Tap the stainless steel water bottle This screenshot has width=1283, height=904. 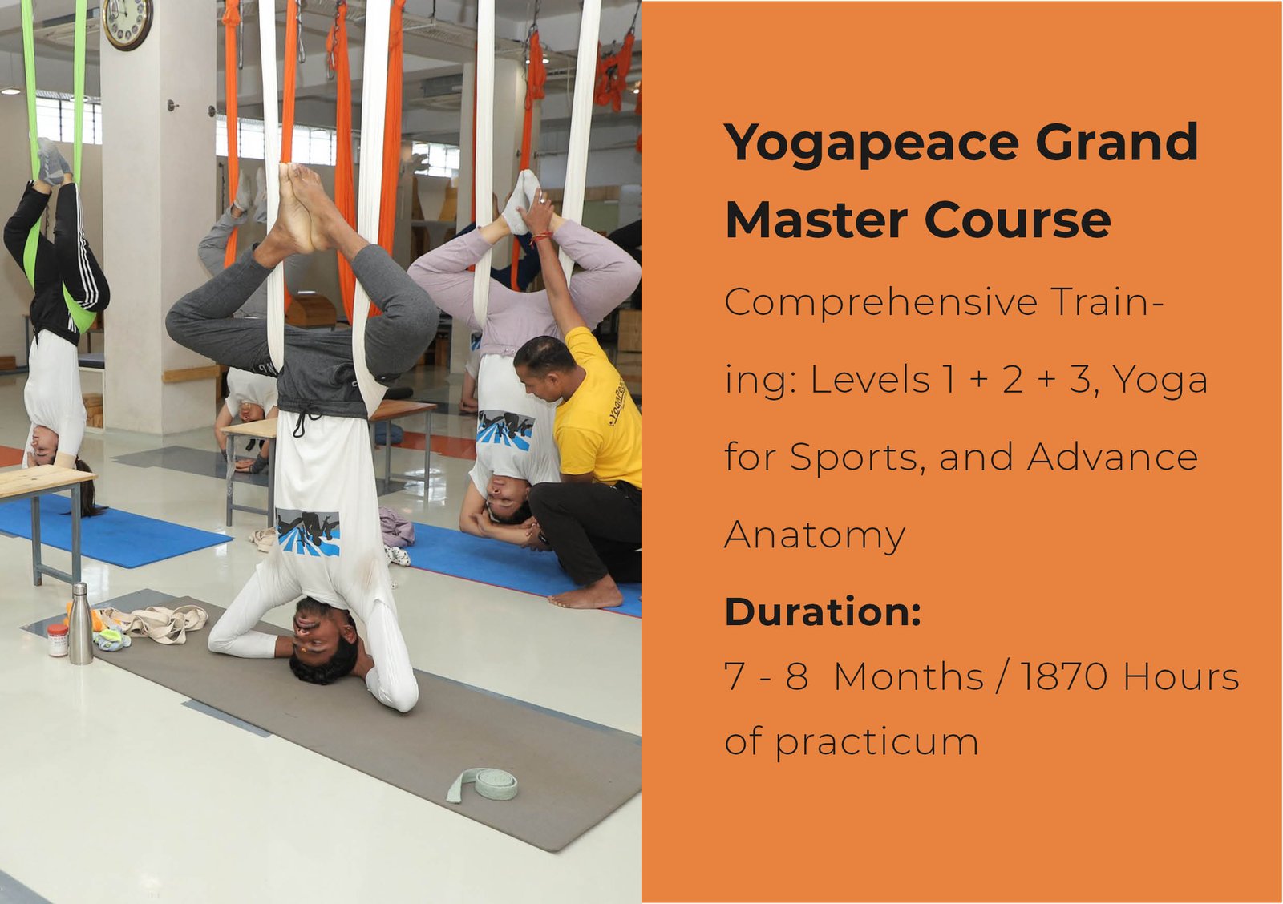[81, 624]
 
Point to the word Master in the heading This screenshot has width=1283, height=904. [816, 220]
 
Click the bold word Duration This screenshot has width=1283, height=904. [823, 611]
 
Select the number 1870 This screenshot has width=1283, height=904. [1063, 676]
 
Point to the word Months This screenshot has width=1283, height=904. [909, 676]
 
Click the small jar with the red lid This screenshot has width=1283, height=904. [57, 640]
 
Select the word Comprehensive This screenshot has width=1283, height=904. [881, 303]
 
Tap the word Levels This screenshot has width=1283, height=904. [870, 380]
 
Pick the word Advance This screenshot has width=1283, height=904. [1111, 458]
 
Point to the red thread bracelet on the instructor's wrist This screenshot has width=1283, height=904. [540, 236]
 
